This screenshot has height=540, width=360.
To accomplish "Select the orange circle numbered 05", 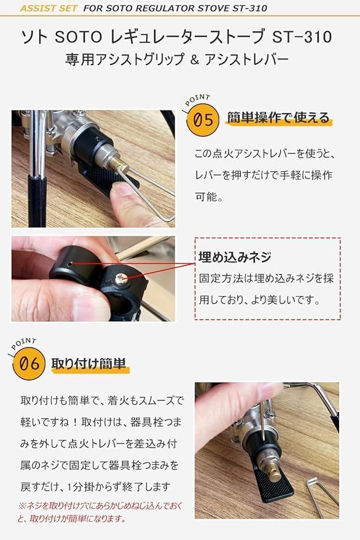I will click(x=203, y=119).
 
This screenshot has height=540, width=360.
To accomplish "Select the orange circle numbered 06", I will click(x=29, y=364).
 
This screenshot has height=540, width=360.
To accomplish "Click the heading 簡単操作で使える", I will click(x=278, y=118).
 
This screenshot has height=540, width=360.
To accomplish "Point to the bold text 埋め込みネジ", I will click(x=235, y=257).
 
